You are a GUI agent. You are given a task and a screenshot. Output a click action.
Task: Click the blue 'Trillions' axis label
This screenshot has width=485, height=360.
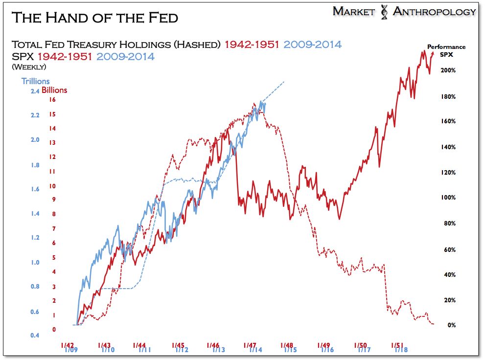click(35, 81)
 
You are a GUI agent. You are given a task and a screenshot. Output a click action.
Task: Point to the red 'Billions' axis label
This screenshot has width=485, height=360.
click(54, 90)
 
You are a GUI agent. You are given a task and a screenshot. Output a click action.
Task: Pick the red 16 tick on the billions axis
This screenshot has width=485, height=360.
click(52, 100)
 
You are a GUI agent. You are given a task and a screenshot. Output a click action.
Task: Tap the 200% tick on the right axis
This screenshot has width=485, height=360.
click(448, 70)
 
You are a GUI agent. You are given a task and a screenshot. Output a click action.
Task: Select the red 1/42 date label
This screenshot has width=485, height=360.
click(68, 345)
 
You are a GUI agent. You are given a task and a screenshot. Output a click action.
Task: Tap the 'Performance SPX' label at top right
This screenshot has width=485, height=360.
click(446, 50)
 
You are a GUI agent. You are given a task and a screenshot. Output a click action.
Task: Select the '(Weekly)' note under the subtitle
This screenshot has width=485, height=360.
click(28, 67)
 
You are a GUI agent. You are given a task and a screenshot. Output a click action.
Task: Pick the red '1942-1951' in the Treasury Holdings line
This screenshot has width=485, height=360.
click(252, 45)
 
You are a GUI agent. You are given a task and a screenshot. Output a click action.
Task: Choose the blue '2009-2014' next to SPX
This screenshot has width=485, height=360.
click(125, 56)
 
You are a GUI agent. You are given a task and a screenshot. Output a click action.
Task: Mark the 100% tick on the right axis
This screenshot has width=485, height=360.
click(448, 198)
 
